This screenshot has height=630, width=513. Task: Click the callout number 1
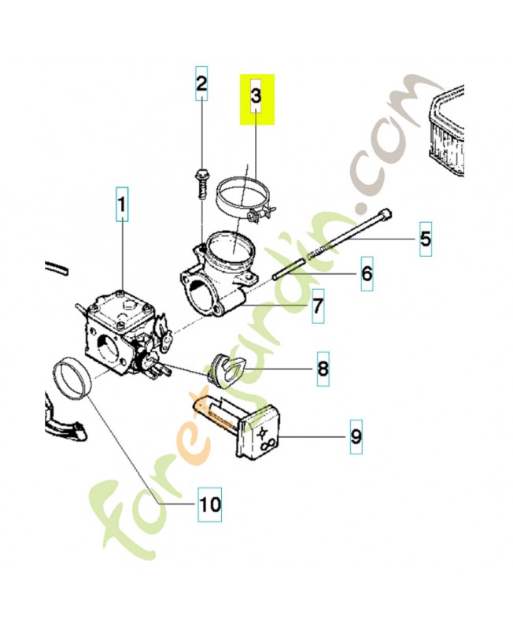point(122,204)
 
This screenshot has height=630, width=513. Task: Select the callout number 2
point(201,83)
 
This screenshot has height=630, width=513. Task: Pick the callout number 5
point(426,239)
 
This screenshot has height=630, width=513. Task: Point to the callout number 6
point(367,273)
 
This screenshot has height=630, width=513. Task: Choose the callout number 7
point(318,306)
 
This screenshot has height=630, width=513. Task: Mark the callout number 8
point(323,369)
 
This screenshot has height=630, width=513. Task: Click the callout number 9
point(356,437)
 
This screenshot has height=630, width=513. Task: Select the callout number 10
point(210,504)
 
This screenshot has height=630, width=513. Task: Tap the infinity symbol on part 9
point(268,445)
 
